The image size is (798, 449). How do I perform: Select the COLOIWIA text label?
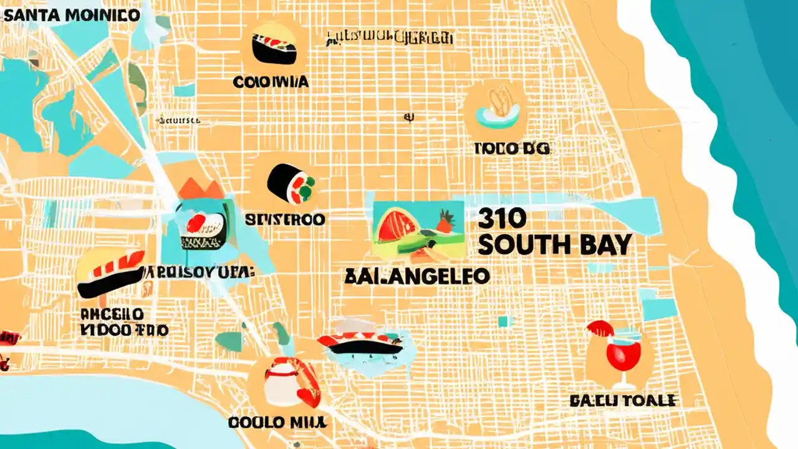[x=272, y=82]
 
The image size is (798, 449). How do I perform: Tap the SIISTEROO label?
[x=284, y=219]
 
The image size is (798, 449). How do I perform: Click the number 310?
[x=502, y=218]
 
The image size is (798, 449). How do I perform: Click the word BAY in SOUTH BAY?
[x=604, y=245]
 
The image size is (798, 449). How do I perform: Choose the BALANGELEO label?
[x=416, y=276]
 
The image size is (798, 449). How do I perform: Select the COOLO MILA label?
[x=278, y=422]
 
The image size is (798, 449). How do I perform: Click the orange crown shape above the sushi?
[x=201, y=189]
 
